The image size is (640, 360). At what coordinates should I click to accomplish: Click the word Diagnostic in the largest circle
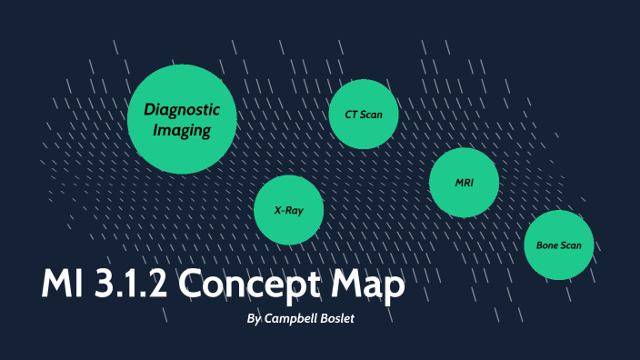tap(183, 109)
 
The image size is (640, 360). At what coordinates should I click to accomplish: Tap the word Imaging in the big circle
tap(182, 131)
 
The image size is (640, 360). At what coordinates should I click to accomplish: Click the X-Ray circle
tap(289, 210)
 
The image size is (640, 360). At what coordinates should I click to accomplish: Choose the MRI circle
tap(465, 183)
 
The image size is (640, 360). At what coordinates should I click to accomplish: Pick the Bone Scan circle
tap(558, 245)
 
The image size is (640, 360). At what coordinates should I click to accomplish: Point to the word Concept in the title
tap(251, 285)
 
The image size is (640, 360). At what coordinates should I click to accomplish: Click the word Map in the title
tap(368, 285)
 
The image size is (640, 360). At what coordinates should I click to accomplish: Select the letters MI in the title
tap(63, 285)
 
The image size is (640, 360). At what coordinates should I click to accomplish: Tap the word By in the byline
tap(255, 319)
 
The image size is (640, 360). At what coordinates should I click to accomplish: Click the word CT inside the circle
tap(352, 115)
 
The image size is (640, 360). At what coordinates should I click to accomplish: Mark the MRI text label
tap(465, 183)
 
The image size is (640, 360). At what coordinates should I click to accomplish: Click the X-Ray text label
tap(289, 210)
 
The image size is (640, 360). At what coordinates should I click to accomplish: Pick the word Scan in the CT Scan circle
tap(372, 115)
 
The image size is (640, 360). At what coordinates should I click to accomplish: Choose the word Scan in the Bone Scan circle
tap(573, 245)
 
